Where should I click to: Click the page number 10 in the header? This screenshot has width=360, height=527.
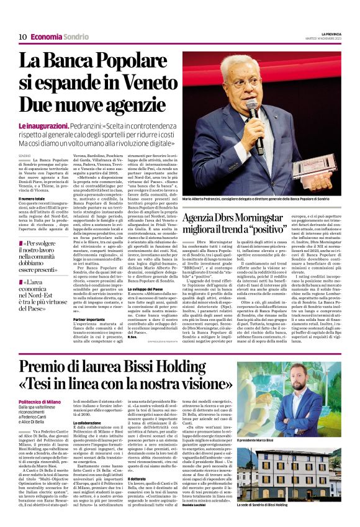point(22,37)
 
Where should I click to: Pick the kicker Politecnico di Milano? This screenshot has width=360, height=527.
point(40,402)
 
